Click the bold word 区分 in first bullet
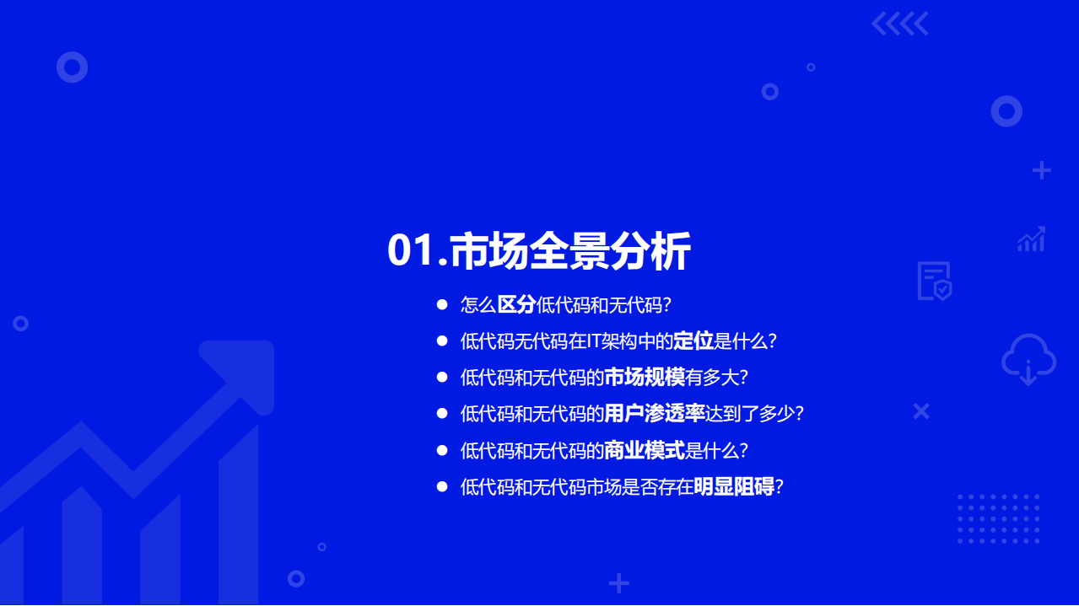[516, 305]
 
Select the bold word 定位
[693, 341]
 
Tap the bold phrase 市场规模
[645, 378]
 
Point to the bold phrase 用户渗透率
[655, 414]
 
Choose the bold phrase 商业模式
[645, 450]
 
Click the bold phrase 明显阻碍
[734, 486]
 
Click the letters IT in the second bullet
[595, 341]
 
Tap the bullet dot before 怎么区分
[441, 304]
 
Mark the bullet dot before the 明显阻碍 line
[441, 486]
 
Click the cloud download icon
[1028, 359]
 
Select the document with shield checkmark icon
[935, 281]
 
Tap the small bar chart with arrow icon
[1031, 239]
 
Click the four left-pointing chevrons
[899, 24]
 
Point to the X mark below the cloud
[921, 411]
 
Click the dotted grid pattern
[998, 518]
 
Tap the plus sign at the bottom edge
[619, 583]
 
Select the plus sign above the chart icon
[1042, 170]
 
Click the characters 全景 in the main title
[571, 251]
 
